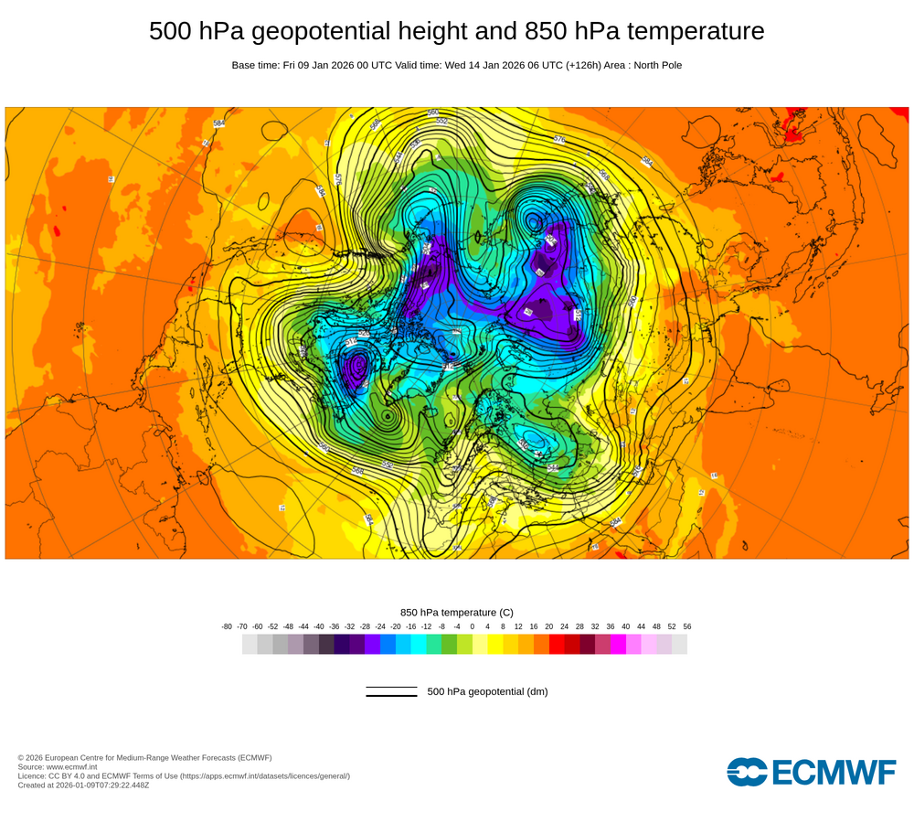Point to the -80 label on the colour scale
pyautogui.click(x=227, y=626)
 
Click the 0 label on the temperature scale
pyautogui.click(x=473, y=626)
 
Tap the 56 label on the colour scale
pyautogui.click(x=687, y=626)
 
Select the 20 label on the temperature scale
pyautogui.click(x=549, y=626)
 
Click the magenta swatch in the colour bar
pyautogui.click(x=618, y=645)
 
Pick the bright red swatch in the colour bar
pyautogui.click(x=557, y=645)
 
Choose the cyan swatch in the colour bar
pyautogui.click(x=419, y=645)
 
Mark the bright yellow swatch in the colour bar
pyautogui.click(x=495, y=645)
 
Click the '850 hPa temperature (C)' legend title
pyautogui.click(x=457, y=612)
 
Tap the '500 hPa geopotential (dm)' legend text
pyautogui.click(x=487, y=691)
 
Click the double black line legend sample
pyautogui.click(x=391, y=691)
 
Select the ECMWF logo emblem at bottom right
pyautogui.click(x=747, y=772)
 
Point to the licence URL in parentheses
pyautogui.click(x=265, y=776)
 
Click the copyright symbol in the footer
pyautogui.click(x=21, y=758)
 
